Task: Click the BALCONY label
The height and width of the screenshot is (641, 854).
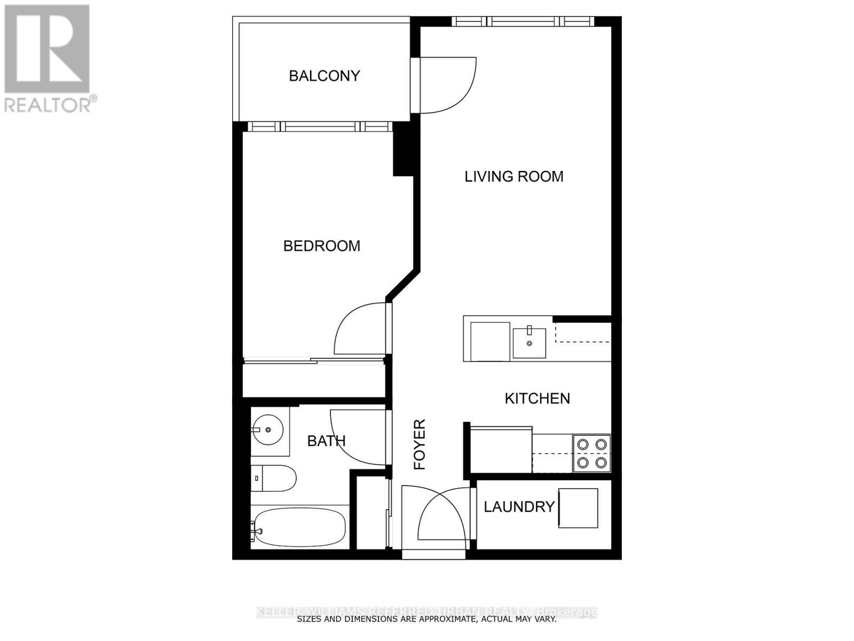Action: (324, 76)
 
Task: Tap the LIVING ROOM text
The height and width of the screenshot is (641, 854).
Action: (513, 176)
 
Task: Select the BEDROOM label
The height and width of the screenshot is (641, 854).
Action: (321, 246)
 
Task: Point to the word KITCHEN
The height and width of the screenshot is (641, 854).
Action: (537, 398)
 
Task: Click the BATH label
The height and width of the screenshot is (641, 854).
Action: (326, 441)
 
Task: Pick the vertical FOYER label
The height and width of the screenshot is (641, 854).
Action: (420, 444)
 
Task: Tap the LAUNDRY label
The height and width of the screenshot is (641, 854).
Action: (519, 507)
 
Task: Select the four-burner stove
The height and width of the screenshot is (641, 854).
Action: (592, 454)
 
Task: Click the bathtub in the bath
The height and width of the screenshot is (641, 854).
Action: (299, 527)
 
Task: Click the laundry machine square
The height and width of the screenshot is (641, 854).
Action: (578, 508)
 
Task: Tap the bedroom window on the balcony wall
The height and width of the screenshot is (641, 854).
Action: (320, 127)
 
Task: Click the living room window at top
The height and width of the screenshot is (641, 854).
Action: (523, 21)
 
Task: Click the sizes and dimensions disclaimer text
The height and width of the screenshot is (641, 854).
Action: (426, 619)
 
